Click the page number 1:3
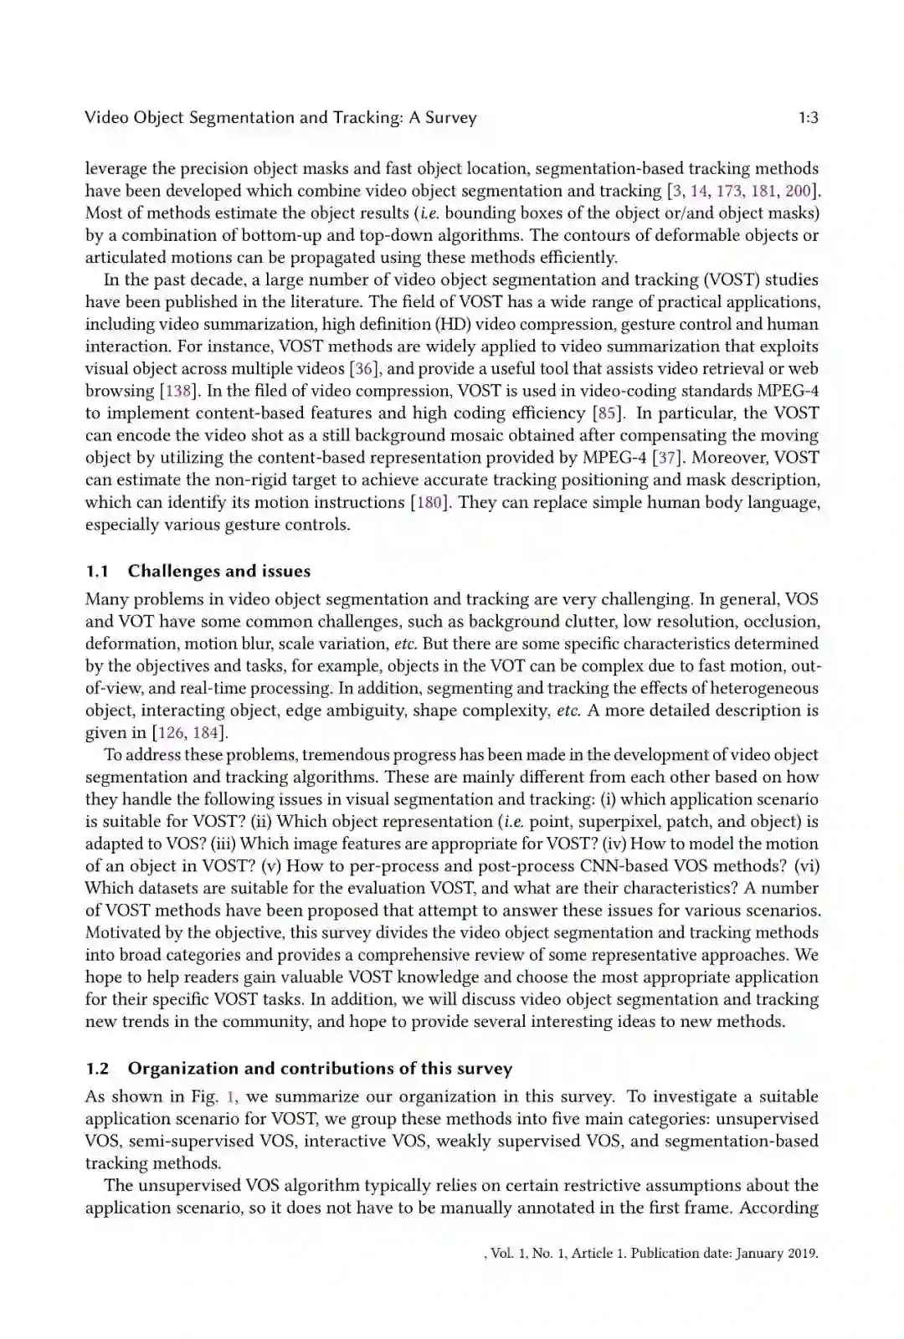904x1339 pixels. (808, 118)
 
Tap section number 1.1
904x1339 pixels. (97, 572)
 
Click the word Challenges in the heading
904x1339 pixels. (172, 572)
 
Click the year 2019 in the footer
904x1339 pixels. (801, 1254)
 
